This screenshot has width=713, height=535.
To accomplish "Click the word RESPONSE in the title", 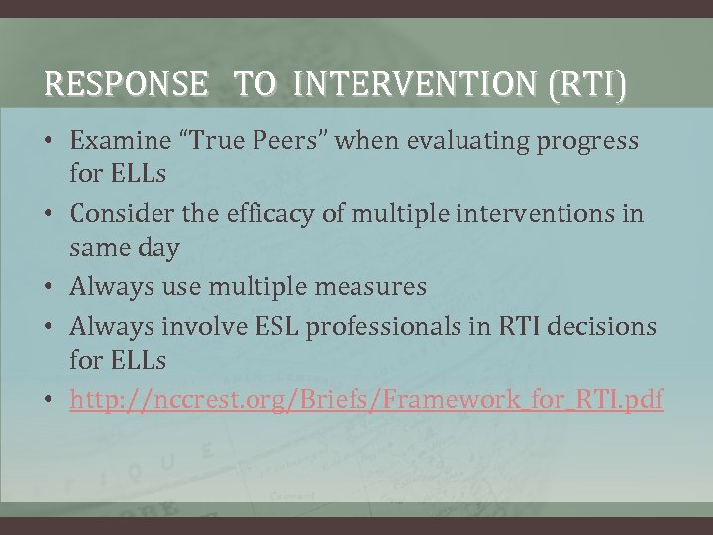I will [x=126, y=86].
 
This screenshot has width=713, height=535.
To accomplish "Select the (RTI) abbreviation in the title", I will [x=591, y=86].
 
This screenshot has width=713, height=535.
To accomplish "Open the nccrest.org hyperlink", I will [x=366, y=399].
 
